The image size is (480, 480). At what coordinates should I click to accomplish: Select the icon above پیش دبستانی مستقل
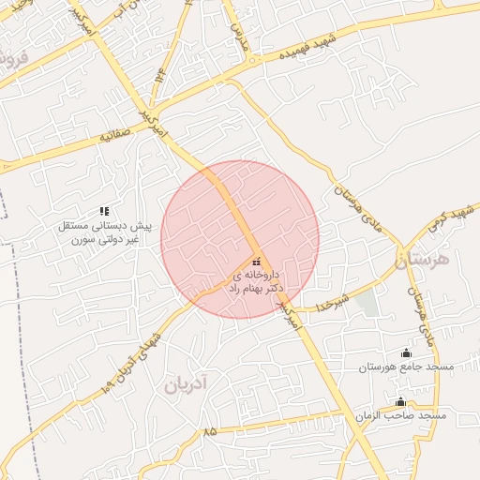tap(104, 211)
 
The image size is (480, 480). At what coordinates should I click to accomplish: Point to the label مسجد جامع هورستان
tap(405, 367)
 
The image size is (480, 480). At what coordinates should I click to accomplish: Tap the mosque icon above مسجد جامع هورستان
tap(405, 352)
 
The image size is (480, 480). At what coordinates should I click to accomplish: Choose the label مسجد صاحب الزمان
tap(400, 414)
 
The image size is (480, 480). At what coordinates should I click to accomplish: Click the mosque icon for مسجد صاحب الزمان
tap(400, 401)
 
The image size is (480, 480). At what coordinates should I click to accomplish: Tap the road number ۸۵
tap(208, 432)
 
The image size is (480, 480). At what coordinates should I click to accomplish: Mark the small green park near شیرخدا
tap(368, 303)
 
